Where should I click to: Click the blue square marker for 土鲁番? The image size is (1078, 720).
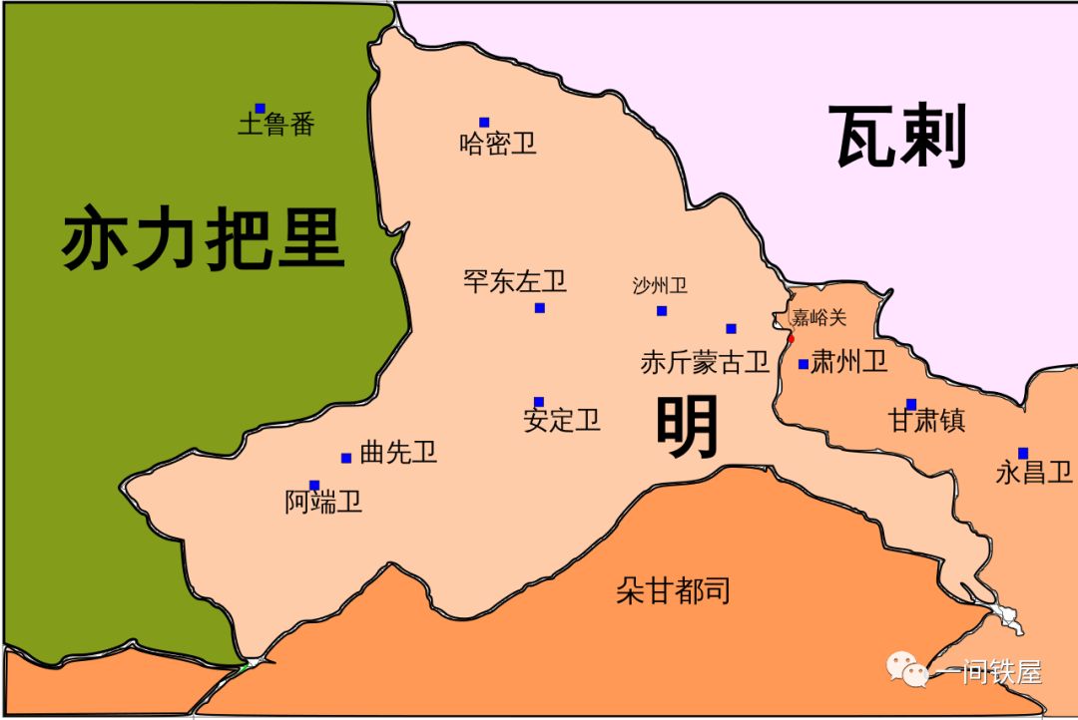pyautogui.click(x=260, y=108)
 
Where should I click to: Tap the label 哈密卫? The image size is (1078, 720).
pyautogui.click(x=497, y=144)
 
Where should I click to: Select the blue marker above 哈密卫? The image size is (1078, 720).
pyautogui.click(x=484, y=123)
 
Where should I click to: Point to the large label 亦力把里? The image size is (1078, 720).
pyautogui.click(x=203, y=240)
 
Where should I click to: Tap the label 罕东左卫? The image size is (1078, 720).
pyautogui.click(x=514, y=281)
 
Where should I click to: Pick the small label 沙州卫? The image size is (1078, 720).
pyautogui.click(x=660, y=286)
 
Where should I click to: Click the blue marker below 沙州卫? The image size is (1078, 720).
pyautogui.click(x=661, y=310)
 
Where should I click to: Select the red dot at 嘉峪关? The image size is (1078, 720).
pyautogui.click(x=791, y=338)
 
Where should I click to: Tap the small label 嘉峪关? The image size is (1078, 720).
pyautogui.click(x=818, y=318)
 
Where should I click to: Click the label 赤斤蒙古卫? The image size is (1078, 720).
pyautogui.click(x=705, y=362)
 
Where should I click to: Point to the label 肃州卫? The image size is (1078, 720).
pyautogui.click(x=848, y=361)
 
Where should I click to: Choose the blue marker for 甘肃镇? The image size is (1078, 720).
pyautogui.click(x=910, y=404)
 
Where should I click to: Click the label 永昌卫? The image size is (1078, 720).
pyautogui.click(x=1033, y=473)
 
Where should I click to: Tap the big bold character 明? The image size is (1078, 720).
pyautogui.click(x=688, y=427)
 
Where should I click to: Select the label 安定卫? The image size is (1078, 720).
pyautogui.click(x=561, y=420)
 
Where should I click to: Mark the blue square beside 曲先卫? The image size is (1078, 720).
pyautogui.click(x=346, y=458)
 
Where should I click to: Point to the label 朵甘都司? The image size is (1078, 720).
pyautogui.click(x=673, y=590)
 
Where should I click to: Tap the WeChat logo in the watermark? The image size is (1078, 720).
pyautogui.click(x=908, y=669)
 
